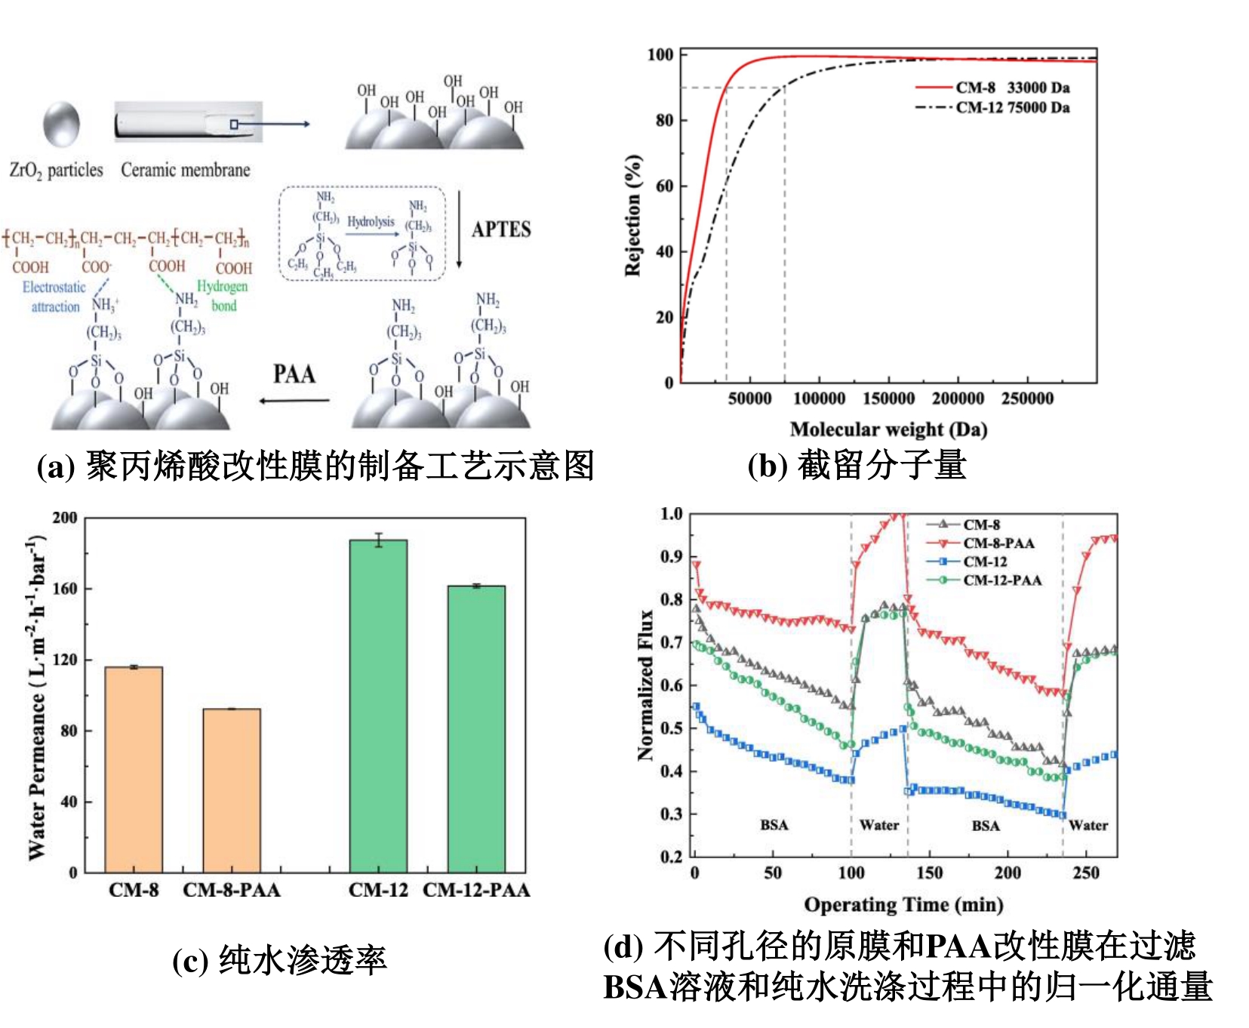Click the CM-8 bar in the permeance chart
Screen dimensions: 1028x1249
coord(134,769)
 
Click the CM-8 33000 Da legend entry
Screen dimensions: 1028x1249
coord(1011,88)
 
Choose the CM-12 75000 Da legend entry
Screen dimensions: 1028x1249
coord(1011,107)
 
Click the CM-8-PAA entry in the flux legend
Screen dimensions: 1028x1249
coord(998,543)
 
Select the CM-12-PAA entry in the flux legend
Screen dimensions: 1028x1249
coord(1001,580)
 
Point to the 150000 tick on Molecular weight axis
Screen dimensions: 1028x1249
coord(888,399)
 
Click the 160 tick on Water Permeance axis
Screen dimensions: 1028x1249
coord(65,589)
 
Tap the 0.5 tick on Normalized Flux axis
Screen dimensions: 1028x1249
coord(672,729)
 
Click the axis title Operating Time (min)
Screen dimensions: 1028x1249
coord(903,904)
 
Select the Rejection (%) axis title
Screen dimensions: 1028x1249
coord(633,216)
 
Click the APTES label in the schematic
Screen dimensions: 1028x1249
coord(501,229)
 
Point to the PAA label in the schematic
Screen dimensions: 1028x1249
coord(294,374)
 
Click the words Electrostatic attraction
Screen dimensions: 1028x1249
coord(54,297)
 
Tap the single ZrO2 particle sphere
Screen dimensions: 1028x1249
coord(61,125)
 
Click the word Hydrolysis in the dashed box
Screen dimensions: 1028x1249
coord(371,222)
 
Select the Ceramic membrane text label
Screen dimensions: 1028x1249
coord(186,171)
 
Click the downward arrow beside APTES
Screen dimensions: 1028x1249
coord(459,229)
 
